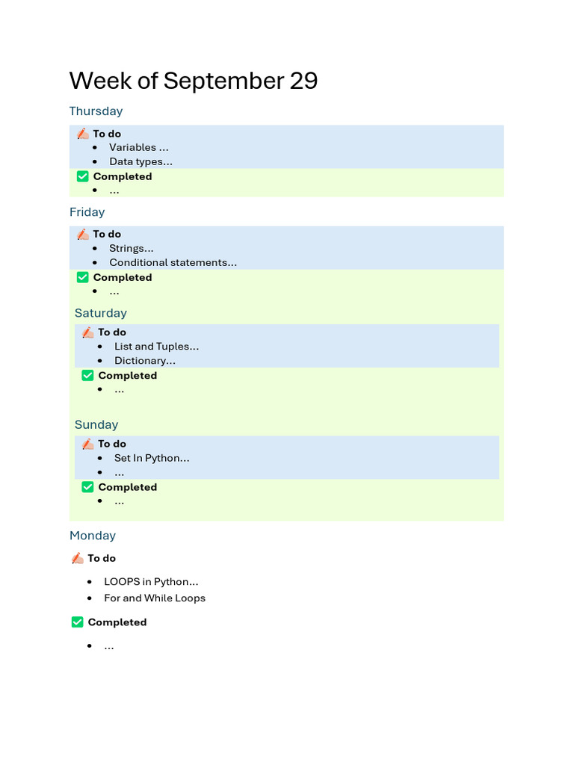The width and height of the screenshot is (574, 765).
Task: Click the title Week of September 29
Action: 194,81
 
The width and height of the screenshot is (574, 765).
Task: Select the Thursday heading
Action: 96,111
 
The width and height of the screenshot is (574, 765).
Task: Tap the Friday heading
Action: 87,212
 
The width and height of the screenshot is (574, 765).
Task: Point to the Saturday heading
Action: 100,313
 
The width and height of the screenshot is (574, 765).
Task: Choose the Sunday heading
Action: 96,424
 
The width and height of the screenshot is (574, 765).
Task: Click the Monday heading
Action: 93,536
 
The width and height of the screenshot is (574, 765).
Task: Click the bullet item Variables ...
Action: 139,147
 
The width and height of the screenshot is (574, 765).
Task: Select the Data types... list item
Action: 141,161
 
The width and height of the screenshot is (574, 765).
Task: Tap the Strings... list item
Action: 132,248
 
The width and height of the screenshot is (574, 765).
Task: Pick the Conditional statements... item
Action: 173,262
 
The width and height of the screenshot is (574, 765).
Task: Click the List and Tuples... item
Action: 157,346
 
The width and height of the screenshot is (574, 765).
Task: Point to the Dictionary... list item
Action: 145,360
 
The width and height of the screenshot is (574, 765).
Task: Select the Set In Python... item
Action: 152,458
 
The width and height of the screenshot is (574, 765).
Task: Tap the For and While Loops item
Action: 155,598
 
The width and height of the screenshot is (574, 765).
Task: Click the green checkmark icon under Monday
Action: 77,622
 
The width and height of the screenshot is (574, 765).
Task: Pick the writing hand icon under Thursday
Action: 82,134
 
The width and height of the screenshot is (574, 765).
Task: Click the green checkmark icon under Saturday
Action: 87,375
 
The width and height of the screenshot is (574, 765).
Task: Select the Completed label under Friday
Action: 123,277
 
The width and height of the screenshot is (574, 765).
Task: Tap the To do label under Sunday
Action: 112,444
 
